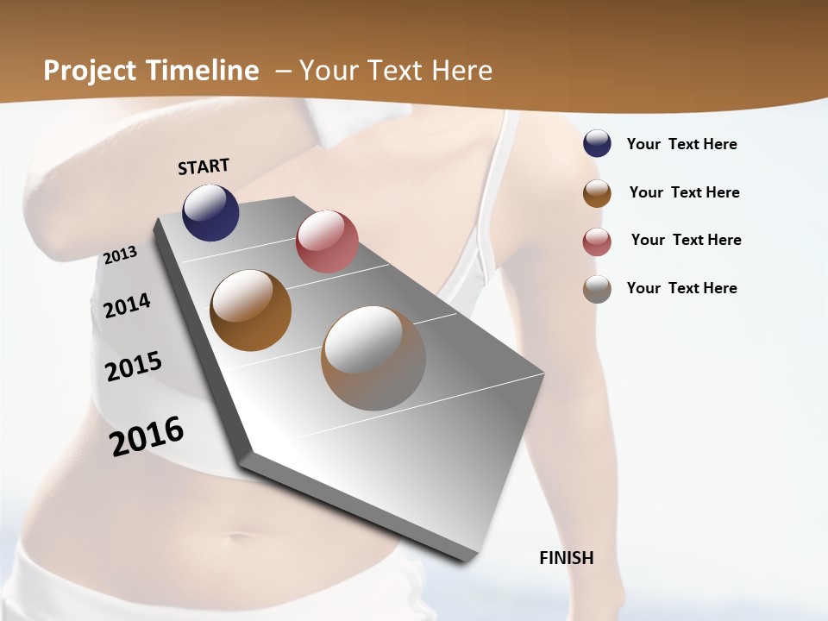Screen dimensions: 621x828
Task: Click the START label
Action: tap(204, 166)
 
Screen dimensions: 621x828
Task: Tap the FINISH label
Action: tap(567, 558)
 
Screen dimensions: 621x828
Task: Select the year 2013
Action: tap(121, 254)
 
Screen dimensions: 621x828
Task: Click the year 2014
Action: tap(127, 305)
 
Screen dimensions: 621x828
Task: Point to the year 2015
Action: tap(134, 367)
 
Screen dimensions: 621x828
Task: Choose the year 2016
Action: tap(147, 436)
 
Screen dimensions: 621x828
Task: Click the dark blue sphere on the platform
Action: tap(210, 212)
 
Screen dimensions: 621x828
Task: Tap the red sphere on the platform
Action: tap(327, 241)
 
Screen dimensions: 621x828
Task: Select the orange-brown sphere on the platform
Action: tap(251, 310)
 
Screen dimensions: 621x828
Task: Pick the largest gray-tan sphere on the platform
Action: tap(373, 358)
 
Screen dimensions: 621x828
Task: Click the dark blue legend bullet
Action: tap(597, 144)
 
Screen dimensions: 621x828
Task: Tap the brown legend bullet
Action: tap(597, 192)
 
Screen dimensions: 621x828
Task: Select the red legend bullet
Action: tap(597, 241)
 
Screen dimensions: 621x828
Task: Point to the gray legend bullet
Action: tap(597, 288)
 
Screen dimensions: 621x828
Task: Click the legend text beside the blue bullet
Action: tap(682, 144)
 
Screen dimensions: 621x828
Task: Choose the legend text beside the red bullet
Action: tap(687, 240)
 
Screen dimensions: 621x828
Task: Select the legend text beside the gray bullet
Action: tap(682, 288)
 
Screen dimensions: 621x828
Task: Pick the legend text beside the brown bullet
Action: tap(685, 192)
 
